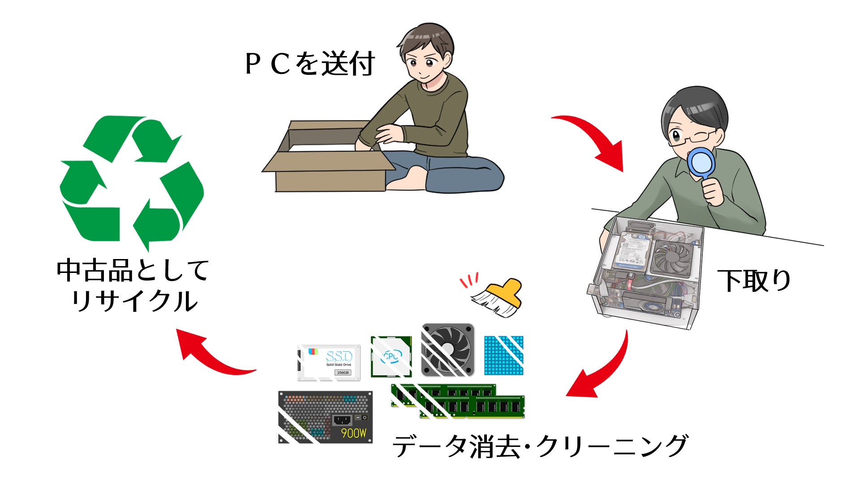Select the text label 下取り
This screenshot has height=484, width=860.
(x=754, y=281)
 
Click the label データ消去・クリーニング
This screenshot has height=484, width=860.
(x=539, y=445)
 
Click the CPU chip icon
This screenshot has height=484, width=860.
(x=391, y=356)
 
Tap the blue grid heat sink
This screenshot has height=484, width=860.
(x=504, y=355)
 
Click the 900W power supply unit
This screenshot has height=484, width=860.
(x=325, y=417)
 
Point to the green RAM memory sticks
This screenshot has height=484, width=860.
(x=457, y=402)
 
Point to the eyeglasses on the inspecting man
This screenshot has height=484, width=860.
(x=692, y=137)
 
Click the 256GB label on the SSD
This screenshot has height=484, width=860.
(x=343, y=372)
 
